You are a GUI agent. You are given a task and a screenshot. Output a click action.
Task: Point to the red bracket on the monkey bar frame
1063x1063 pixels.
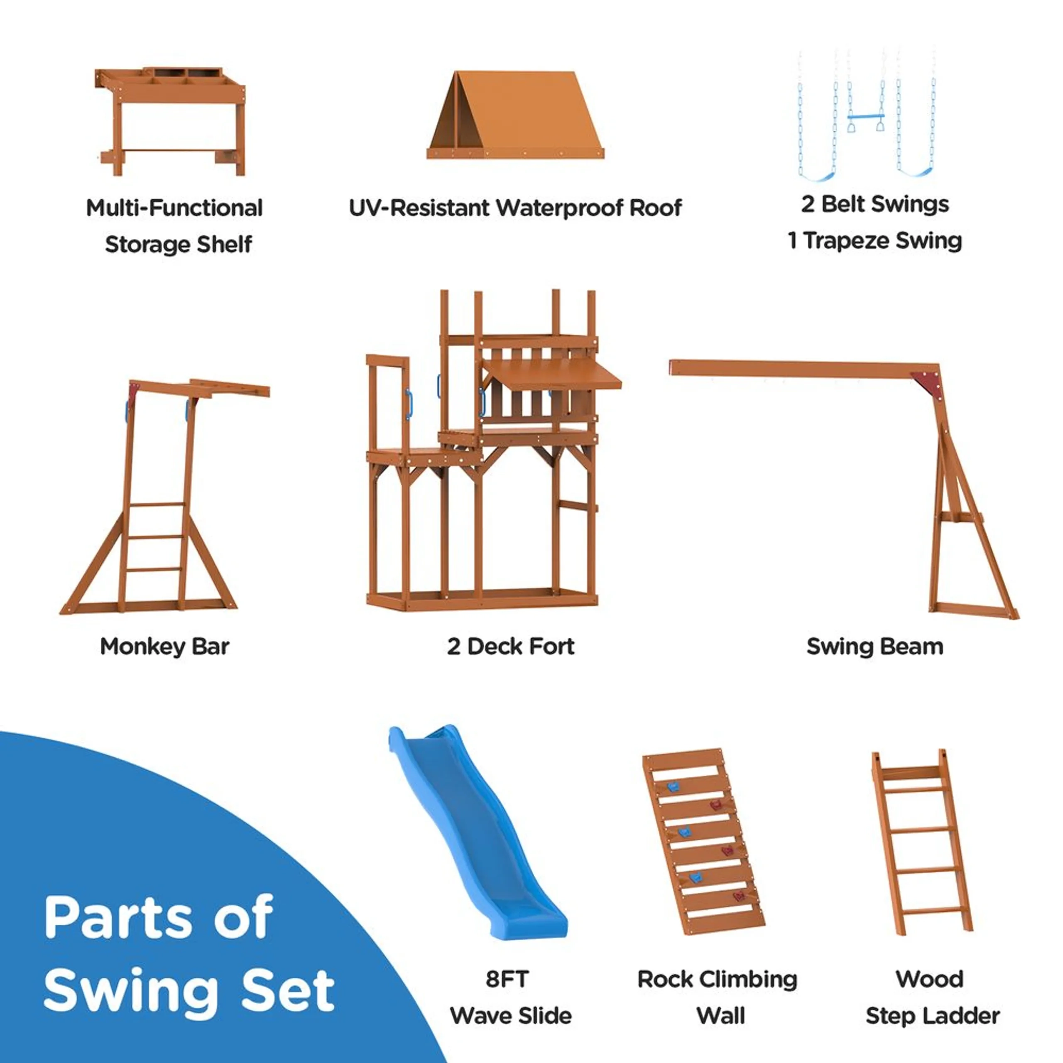(x=134, y=392)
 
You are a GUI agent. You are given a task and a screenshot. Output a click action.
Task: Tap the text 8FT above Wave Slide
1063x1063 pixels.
(x=507, y=980)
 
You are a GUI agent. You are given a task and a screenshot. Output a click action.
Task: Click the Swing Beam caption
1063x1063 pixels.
(x=874, y=647)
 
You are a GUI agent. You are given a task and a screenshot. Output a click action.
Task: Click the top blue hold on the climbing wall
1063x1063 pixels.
(x=672, y=787)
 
